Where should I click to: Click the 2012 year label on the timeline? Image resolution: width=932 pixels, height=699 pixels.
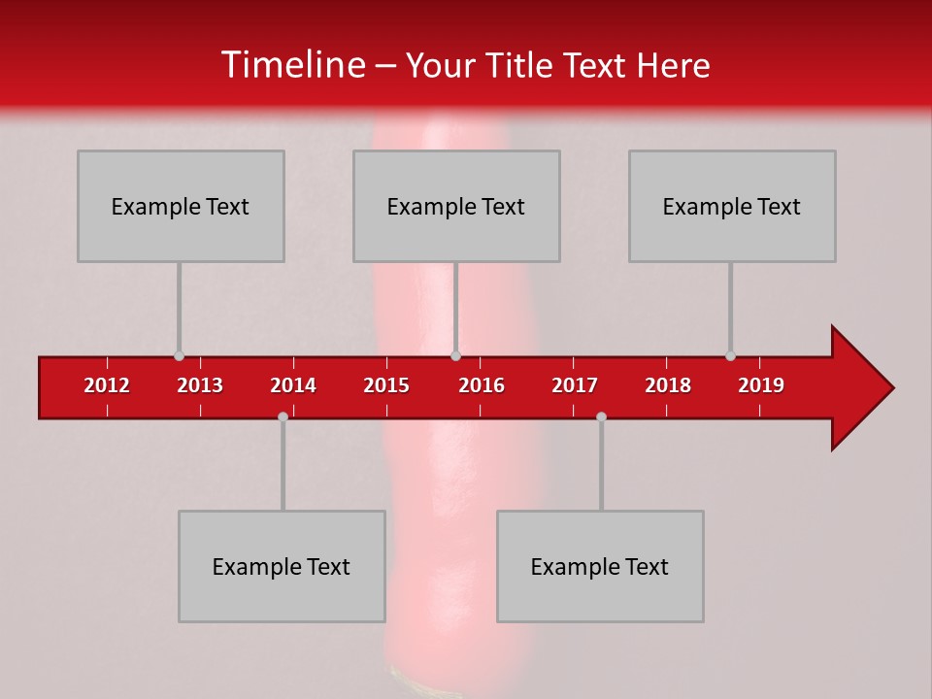[x=107, y=385]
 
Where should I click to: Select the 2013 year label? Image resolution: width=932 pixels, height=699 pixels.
[x=200, y=385]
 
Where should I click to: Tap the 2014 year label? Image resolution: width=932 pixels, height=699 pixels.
[x=293, y=385]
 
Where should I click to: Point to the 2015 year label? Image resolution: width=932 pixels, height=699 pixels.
[x=386, y=385]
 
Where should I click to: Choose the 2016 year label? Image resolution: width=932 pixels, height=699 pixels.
[x=482, y=385]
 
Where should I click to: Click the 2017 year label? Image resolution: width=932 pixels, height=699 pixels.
[x=575, y=385]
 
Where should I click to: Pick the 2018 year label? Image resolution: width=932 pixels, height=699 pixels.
[x=668, y=385]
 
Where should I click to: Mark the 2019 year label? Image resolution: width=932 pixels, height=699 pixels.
[x=761, y=385]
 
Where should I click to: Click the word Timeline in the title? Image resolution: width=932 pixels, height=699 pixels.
[x=292, y=65]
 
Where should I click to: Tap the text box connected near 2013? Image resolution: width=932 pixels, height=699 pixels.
[x=181, y=206]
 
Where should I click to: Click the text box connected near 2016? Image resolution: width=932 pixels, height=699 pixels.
[x=456, y=206]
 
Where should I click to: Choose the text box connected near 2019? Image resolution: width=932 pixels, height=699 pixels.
[x=732, y=206]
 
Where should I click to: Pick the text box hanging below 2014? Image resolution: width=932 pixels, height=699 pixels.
[x=282, y=566]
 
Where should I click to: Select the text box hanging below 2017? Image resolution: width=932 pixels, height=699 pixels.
[x=600, y=566]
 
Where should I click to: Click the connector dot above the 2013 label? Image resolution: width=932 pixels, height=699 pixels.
[x=179, y=356]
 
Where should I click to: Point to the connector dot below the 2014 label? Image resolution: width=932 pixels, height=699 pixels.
[x=283, y=417]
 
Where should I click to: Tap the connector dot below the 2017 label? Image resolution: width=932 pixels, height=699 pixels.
[x=601, y=417]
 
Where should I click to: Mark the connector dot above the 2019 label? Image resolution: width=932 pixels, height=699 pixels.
[x=730, y=356]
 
